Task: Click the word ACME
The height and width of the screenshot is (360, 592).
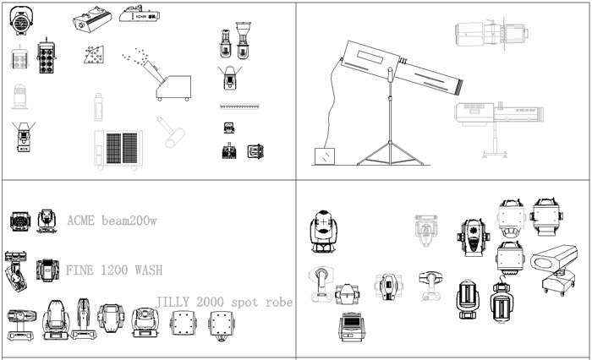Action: pyautogui.click(x=80, y=220)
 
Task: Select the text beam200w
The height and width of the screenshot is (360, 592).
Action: pyautogui.click(x=129, y=220)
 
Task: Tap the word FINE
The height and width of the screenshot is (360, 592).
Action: pyautogui.click(x=79, y=270)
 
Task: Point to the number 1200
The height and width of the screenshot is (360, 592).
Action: pyautogui.click(x=114, y=270)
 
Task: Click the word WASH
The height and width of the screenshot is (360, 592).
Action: pyautogui.click(x=149, y=270)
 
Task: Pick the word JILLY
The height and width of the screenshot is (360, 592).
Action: pyautogui.click(x=173, y=302)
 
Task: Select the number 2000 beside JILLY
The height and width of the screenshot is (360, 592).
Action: pyautogui.click(x=210, y=302)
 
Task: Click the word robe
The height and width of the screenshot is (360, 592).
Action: pyautogui.click(x=279, y=302)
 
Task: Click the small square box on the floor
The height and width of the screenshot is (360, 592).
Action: pyautogui.click(x=325, y=156)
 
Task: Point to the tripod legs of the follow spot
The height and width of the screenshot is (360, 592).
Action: pyautogui.click(x=391, y=153)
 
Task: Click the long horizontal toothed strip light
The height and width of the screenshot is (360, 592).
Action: pyautogui.click(x=240, y=106)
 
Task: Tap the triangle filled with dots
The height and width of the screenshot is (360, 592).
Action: pyautogui.click(x=94, y=55)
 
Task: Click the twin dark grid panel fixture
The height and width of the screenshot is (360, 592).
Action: pyautogui.click(x=118, y=148)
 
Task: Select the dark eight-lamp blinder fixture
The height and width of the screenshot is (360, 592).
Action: pyautogui.click(x=46, y=57)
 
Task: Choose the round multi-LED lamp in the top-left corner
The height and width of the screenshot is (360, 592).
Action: pyautogui.click(x=21, y=20)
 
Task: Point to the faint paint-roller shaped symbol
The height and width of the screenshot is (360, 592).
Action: pyautogui.click(x=171, y=132)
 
